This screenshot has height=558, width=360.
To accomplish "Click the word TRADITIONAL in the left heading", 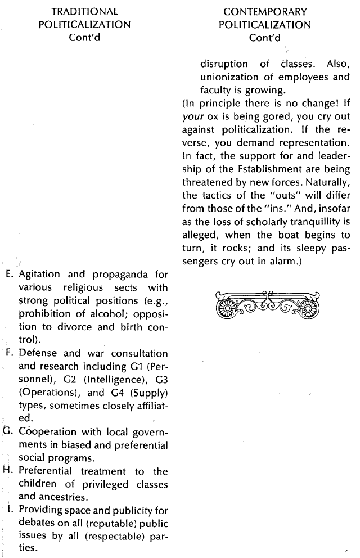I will [x=84, y=11].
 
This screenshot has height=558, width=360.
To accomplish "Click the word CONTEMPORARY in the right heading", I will [x=264, y=11].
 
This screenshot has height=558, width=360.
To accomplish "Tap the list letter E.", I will [x=8, y=275].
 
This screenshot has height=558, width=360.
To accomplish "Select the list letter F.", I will [x=8, y=353].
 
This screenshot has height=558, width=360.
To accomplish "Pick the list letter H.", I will [x=8, y=471].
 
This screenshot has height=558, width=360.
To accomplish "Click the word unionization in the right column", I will [x=227, y=78].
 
